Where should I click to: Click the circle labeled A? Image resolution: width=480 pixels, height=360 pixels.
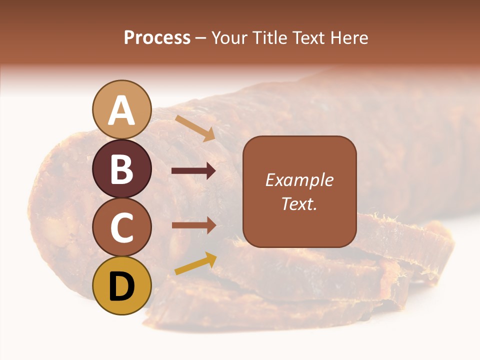click(121, 110)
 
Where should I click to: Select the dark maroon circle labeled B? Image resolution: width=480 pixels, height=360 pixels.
click(121, 169)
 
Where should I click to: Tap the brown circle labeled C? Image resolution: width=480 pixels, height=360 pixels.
click(121, 227)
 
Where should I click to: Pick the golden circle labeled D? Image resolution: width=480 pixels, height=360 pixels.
click(121, 286)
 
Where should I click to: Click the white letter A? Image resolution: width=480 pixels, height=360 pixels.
click(121, 110)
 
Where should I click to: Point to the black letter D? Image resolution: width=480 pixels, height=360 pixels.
click(121, 287)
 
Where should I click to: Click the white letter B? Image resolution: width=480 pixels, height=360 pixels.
click(121, 169)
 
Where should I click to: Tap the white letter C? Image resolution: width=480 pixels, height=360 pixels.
click(121, 228)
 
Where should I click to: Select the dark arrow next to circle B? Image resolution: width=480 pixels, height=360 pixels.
click(193, 171)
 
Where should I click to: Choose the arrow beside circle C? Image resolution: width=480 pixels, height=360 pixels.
click(193, 225)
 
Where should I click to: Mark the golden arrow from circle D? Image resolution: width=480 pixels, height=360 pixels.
click(195, 263)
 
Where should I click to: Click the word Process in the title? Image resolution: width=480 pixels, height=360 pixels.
click(157, 38)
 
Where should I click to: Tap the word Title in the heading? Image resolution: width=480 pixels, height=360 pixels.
click(270, 38)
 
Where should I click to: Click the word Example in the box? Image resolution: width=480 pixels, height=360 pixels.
click(299, 180)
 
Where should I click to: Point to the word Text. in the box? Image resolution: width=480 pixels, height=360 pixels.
click(299, 204)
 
